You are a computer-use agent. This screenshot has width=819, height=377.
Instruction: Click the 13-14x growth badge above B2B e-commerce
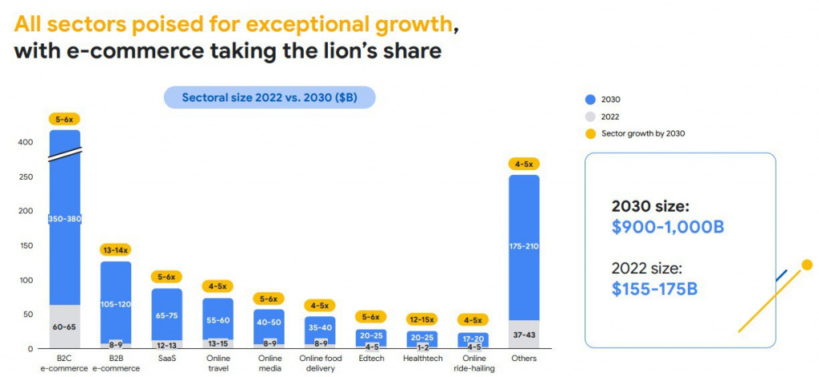(x=115, y=250)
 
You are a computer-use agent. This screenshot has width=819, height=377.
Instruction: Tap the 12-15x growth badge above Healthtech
(x=422, y=319)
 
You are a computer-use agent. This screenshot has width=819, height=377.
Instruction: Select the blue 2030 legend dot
(x=590, y=99)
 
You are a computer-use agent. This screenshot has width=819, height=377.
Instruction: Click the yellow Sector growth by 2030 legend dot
(x=590, y=133)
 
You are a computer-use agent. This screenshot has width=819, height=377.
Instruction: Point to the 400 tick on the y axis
(x=26, y=143)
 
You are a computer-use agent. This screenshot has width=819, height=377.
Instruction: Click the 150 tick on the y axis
(x=26, y=246)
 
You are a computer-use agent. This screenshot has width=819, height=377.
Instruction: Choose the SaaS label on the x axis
(x=166, y=359)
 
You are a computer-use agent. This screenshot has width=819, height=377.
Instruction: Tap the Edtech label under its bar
(x=371, y=359)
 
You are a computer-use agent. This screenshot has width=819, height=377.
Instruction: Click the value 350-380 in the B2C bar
(x=64, y=219)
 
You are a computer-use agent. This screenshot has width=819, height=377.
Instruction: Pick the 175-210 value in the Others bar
(x=525, y=247)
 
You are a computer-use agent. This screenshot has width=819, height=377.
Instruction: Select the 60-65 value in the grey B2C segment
(x=64, y=326)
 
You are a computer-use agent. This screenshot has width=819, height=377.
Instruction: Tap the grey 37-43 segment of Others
(x=525, y=335)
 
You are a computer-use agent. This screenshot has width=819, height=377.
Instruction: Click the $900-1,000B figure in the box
(x=667, y=228)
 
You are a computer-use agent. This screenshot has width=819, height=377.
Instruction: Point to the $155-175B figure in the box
(x=654, y=288)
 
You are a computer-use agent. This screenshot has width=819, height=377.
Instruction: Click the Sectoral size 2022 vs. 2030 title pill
(x=270, y=98)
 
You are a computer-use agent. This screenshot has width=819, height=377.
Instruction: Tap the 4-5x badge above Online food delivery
(x=320, y=305)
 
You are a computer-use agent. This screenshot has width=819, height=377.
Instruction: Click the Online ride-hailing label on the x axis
(x=473, y=363)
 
